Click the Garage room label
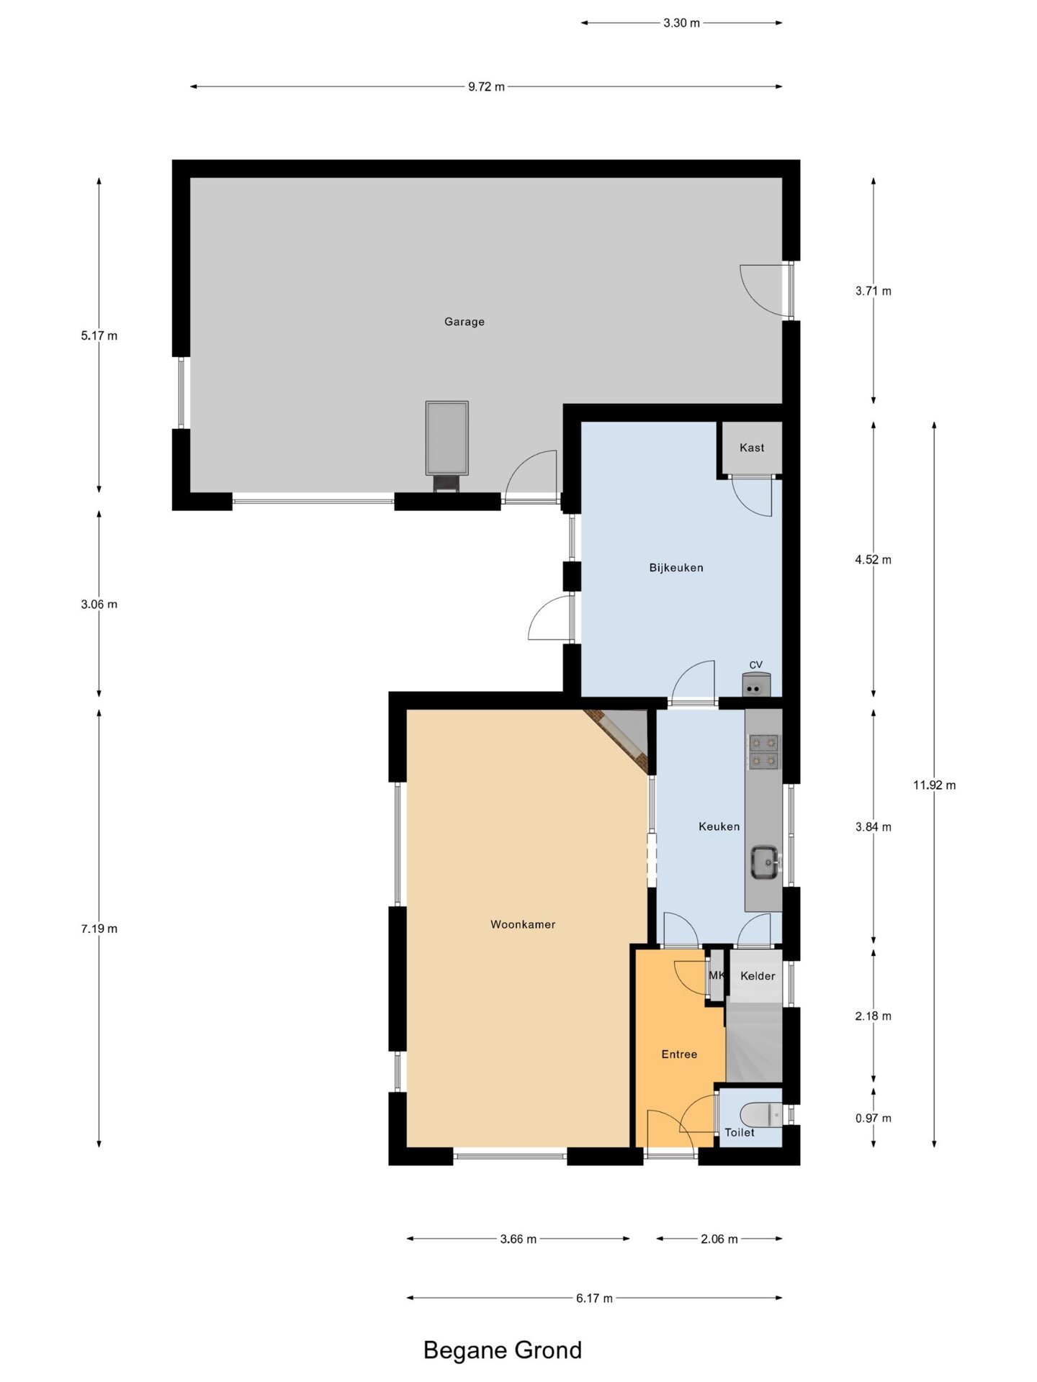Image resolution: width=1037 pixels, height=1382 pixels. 464,322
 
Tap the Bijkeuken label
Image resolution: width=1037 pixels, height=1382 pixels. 676,568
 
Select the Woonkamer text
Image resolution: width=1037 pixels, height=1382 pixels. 523,924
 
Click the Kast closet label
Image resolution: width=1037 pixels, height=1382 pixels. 752,448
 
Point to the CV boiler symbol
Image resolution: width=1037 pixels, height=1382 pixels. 756,685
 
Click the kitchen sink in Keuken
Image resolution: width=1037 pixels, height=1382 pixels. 766,862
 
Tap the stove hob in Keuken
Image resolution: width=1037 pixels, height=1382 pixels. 764,751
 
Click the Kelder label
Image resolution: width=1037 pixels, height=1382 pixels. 758,976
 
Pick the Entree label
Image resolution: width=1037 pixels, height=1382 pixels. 679,1054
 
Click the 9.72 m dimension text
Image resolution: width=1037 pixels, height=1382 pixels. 486,87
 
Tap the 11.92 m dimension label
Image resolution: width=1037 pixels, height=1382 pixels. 934,785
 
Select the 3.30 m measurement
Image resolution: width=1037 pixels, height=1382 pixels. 681,23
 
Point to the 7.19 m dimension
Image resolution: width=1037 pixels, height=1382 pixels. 99,929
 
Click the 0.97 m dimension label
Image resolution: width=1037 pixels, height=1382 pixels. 873,1119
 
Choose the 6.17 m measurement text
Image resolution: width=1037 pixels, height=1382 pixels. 594,1299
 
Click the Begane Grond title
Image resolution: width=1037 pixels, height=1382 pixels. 503,1350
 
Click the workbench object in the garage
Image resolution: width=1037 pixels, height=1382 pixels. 446,446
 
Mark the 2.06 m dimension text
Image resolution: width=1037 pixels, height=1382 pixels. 719,1239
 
